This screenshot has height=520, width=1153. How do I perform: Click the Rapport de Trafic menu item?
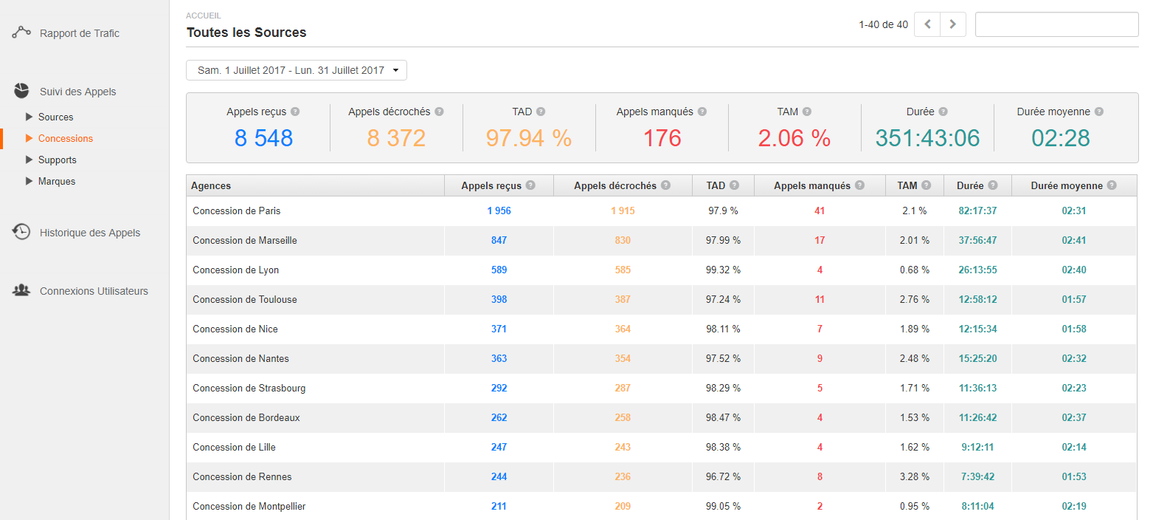tap(79, 33)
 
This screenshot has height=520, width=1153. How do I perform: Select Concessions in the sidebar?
tap(65, 138)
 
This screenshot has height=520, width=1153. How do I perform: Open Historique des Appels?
tap(89, 233)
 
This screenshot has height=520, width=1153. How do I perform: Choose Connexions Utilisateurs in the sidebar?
tap(94, 291)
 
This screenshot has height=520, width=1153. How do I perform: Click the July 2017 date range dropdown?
tap(297, 70)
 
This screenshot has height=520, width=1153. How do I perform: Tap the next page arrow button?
tap(952, 24)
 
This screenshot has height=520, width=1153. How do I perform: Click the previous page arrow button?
tap(927, 24)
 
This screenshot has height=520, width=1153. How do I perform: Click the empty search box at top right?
tap(1056, 24)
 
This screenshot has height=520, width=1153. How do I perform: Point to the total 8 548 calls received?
tap(263, 138)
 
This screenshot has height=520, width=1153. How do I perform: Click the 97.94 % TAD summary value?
tap(528, 138)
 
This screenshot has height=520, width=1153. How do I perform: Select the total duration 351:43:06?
tap(927, 138)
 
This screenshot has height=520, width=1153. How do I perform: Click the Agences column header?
tap(211, 186)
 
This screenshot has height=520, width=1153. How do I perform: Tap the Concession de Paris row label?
tap(236, 211)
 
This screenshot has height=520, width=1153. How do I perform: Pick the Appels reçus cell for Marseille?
tap(499, 240)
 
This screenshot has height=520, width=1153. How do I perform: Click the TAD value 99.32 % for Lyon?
tap(723, 270)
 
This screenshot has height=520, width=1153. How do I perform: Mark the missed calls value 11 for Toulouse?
tap(820, 299)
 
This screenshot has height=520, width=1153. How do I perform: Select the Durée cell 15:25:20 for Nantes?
tap(977, 358)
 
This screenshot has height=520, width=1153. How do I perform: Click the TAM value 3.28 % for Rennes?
tap(914, 476)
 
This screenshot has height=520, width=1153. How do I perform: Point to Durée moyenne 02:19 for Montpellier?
tap(1073, 506)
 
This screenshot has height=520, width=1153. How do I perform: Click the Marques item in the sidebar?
tap(56, 181)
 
